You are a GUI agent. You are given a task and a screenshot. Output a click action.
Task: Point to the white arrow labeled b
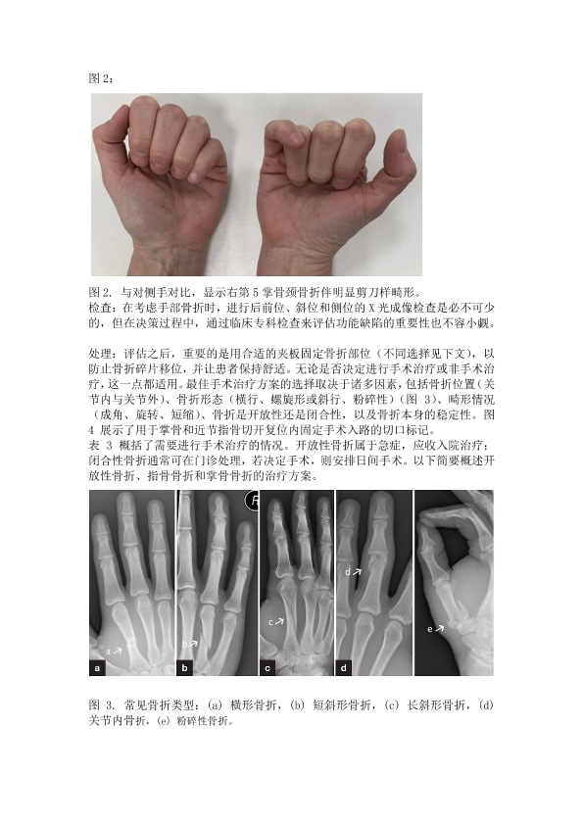pos(193,643)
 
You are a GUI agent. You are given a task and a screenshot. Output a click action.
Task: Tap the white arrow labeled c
pos(279,621)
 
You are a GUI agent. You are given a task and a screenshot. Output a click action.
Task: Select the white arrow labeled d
pos(358,571)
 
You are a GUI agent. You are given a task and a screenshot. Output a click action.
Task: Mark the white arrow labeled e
pos(439,627)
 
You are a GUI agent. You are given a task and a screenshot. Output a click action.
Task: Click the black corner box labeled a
pos(96,668)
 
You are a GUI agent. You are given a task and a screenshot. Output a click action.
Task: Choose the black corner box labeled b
pos(184,668)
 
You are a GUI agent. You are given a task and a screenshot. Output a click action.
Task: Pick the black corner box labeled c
pos(267,668)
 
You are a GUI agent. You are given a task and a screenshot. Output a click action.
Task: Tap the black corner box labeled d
pos(344,668)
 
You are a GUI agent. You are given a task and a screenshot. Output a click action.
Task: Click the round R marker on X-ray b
pos(253,501)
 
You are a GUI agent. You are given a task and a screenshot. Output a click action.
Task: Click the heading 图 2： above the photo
pos(101,78)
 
